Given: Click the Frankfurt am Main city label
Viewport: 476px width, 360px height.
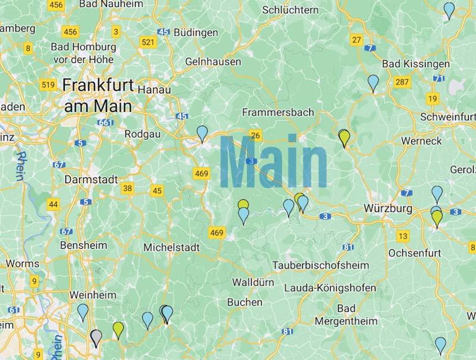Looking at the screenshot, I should pyautogui.click(x=98, y=95).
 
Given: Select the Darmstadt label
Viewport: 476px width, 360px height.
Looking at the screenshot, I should pyautogui.click(x=91, y=179).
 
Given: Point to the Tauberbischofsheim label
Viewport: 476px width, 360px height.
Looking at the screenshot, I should pyautogui.click(x=320, y=264).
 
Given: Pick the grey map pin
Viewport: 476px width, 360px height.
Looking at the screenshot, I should pyautogui.click(x=96, y=337).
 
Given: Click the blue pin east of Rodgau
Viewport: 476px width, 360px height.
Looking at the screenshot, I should pyautogui.click(x=202, y=133).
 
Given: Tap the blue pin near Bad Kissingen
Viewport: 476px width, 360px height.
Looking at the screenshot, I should pyautogui.click(x=373, y=82).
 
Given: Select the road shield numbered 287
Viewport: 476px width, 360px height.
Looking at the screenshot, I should pyautogui.click(x=402, y=82).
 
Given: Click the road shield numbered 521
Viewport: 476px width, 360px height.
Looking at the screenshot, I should pyautogui.click(x=148, y=42).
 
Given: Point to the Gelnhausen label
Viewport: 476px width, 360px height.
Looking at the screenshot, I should pyautogui.click(x=213, y=62).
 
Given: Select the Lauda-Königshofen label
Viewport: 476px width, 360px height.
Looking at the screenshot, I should pyautogui.click(x=330, y=288).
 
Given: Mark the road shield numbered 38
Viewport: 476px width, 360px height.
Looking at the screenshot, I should pyautogui.click(x=127, y=189).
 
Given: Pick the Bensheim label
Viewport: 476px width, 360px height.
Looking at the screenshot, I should pyautogui.click(x=83, y=245).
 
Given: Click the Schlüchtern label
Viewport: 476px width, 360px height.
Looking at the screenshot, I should pyautogui.click(x=290, y=10).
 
